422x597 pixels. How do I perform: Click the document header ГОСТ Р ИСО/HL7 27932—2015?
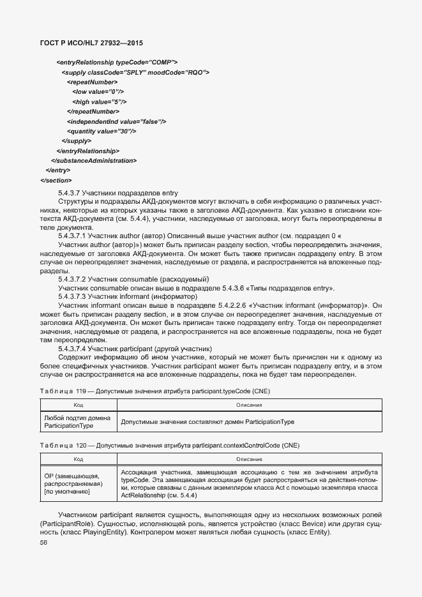click(x=91, y=43)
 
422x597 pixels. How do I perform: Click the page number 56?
click(x=43, y=543)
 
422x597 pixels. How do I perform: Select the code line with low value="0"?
click(x=98, y=92)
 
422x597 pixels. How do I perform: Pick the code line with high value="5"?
click(x=100, y=102)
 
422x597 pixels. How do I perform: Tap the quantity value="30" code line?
click(x=101, y=131)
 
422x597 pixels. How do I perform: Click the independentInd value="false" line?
click(x=116, y=121)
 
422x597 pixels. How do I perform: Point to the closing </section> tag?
click(x=56, y=181)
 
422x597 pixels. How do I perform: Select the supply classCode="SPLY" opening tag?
click(x=135, y=72)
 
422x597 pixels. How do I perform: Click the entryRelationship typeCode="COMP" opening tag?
click(x=117, y=63)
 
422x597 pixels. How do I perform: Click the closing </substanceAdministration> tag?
click(x=93, y=161)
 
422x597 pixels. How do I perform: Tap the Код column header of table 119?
click(x=78, y=405)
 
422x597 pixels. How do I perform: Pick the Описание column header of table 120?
click(x=249, y=459)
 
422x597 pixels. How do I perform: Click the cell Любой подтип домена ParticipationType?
click(x=77, y=421)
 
